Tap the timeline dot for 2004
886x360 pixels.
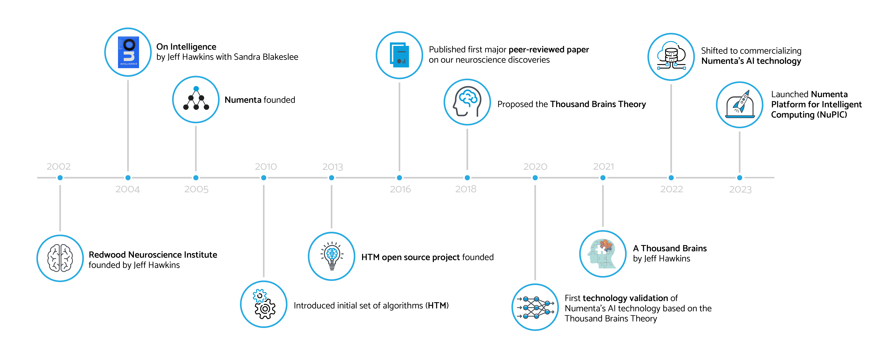128,178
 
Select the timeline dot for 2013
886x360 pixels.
332,178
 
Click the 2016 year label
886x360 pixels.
400,189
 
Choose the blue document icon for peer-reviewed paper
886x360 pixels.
399,55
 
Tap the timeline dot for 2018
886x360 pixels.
467,178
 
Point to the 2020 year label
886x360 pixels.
535,166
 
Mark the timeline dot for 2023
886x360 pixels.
739,178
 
